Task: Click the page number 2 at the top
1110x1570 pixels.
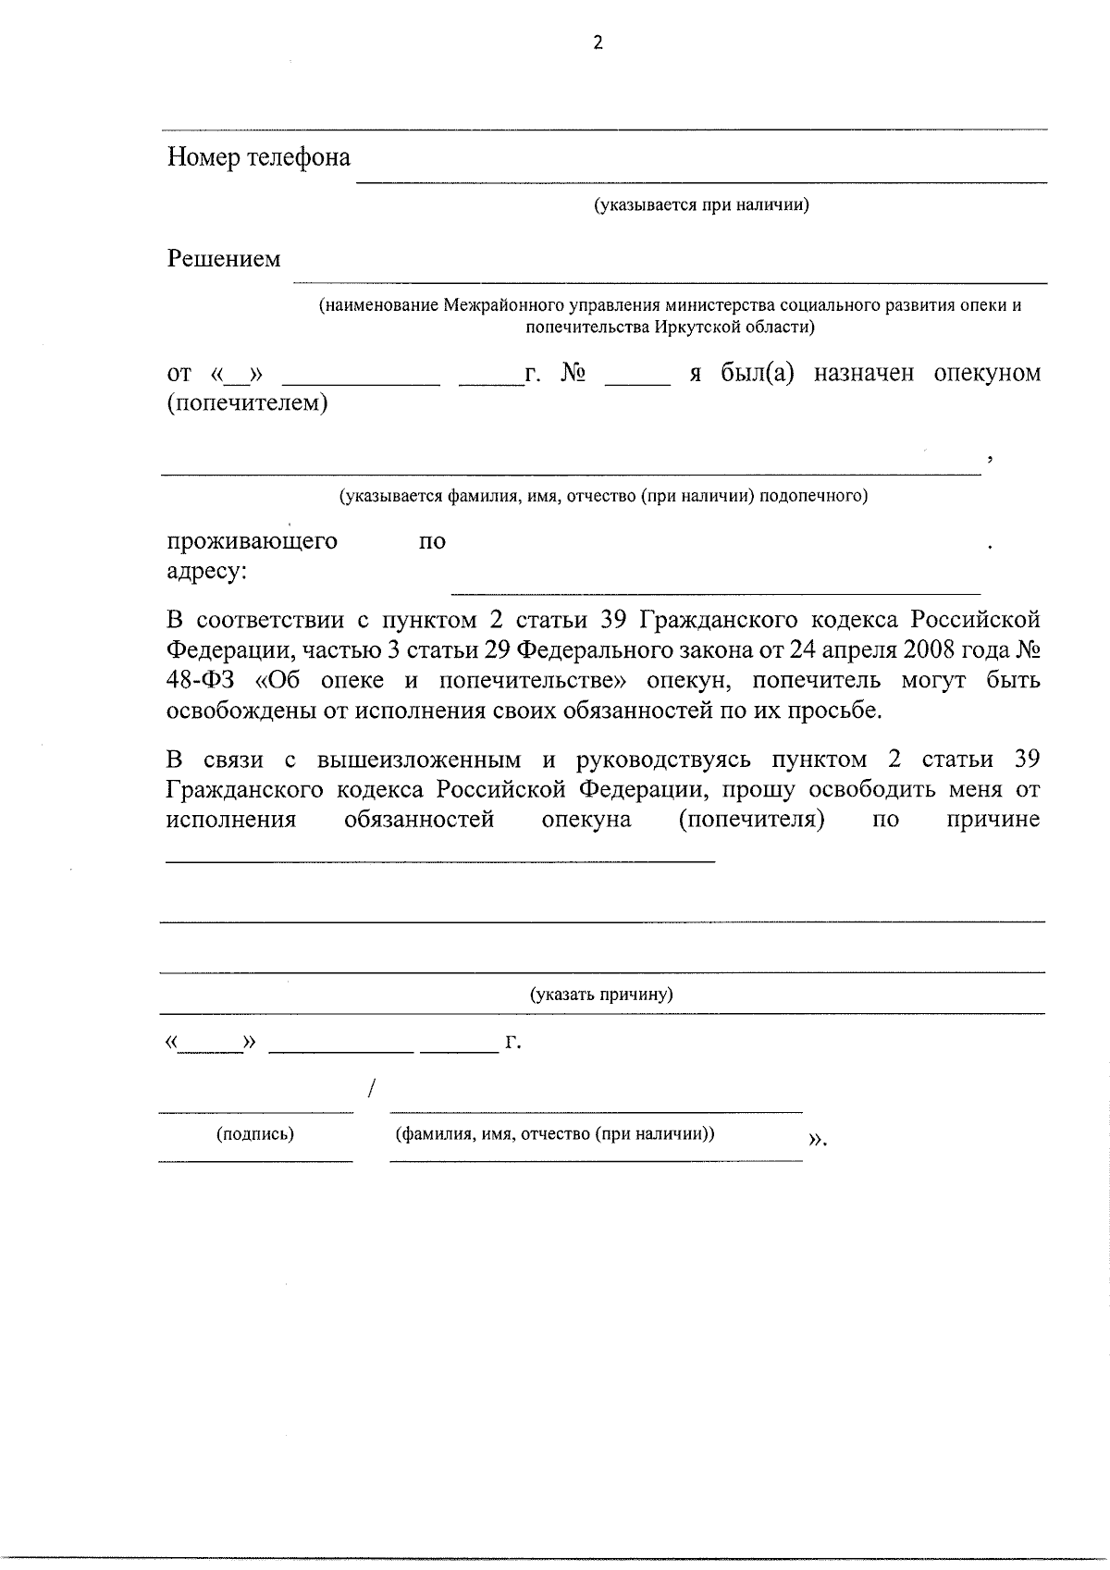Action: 598,43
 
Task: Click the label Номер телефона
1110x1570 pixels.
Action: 259,157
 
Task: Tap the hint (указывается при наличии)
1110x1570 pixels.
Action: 701,204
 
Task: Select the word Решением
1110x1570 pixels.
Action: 224,259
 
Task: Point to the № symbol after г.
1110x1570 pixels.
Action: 573,373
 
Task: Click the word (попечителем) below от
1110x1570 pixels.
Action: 247,403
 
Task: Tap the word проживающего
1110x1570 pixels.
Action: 252,540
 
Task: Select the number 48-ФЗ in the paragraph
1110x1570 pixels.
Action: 201,681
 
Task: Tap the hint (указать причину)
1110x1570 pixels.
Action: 601,995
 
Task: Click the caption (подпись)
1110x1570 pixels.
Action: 255,1133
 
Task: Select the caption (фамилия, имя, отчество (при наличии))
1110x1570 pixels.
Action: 555,1133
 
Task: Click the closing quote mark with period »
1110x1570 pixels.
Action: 817,1140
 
